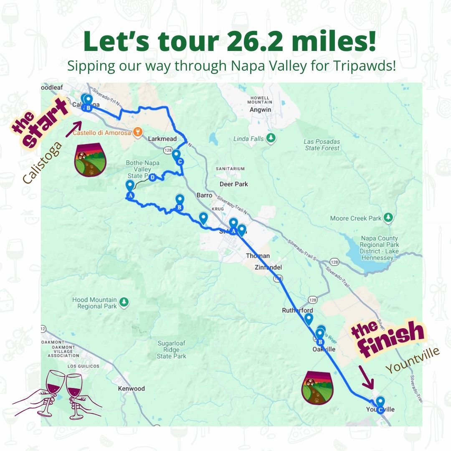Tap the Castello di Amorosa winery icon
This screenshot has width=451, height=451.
137,133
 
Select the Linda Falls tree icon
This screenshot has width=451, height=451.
271,137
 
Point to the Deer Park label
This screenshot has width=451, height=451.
233,184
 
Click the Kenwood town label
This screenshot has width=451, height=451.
131,388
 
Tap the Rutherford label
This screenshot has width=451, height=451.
297,311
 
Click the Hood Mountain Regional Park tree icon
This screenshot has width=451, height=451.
124,302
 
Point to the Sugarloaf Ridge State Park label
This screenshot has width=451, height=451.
171,350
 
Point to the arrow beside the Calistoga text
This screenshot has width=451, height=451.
73,129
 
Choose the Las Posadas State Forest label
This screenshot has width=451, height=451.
322,145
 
